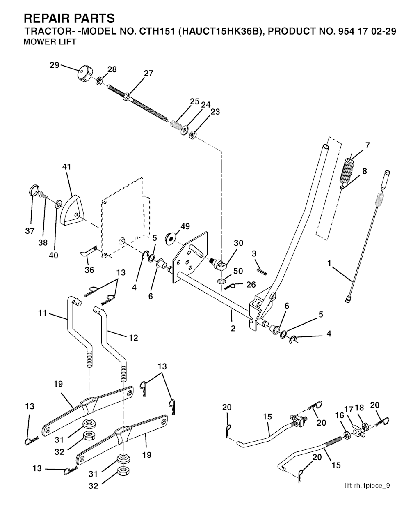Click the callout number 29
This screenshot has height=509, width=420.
[x=55, y=65]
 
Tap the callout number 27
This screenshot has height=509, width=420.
[x=148, y=73]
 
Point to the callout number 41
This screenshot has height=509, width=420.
[x=67, y=167]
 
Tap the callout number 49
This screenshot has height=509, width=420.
[x=185, y=226]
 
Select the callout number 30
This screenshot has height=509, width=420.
[x=238, y=243]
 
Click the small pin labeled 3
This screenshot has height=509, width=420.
[x=262, y=271]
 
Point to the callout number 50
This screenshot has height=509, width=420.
[x=238, y=271]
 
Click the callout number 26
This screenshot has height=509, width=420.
[x=251, y=284]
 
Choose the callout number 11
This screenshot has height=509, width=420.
[x=42, y=313]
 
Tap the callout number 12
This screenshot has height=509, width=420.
[x=133, y=338]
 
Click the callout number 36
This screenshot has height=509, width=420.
[x=89, y=270]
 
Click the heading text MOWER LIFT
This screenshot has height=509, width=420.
[x=50, y=41]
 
